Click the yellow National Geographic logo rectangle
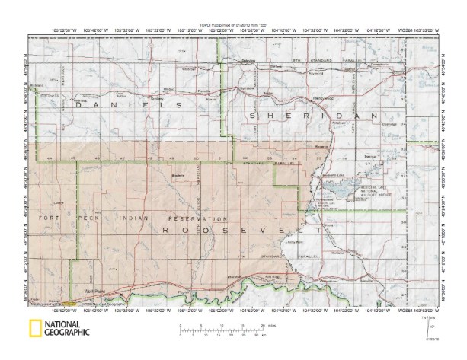34,328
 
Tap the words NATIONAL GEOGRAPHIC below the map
67,329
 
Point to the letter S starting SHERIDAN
251,114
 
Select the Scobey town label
158,98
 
